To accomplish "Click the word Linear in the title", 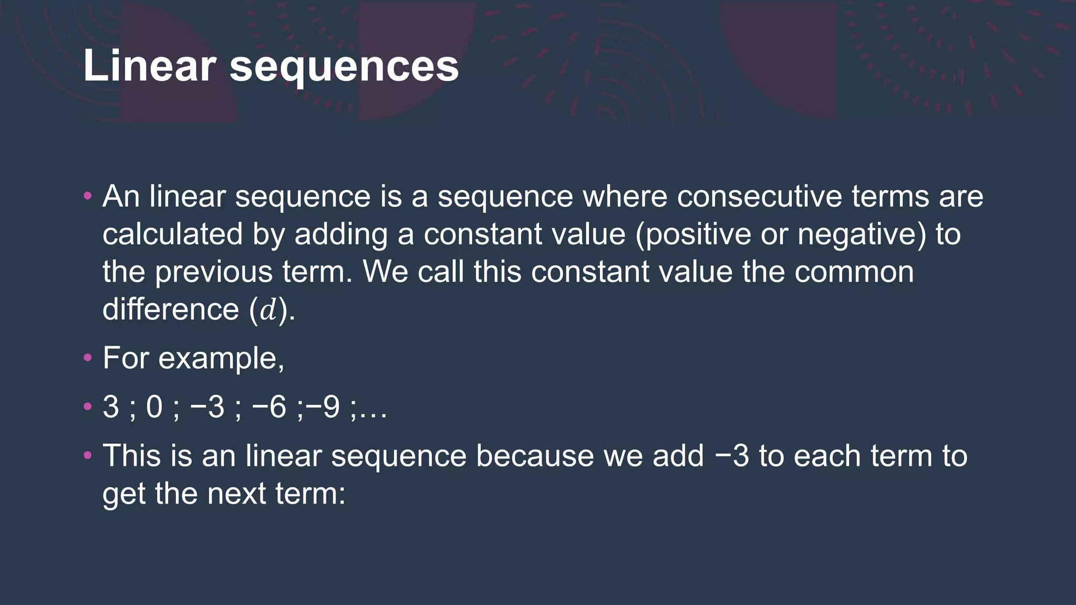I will [x=149, y=66].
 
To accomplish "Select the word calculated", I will [x=173, y=234].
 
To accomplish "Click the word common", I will [x=854, y=272].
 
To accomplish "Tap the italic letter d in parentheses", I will [x=268, y=310].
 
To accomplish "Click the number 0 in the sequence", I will [x=154, y=407].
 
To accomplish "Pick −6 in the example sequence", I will [x=268, y=407].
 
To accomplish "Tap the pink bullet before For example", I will [x=88, y=359].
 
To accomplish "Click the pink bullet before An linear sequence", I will [x=88, y=197].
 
